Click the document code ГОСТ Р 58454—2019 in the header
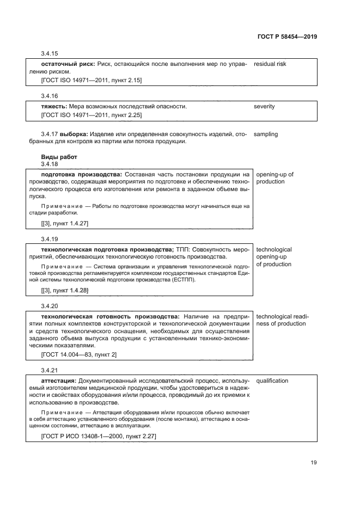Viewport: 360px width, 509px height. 286,36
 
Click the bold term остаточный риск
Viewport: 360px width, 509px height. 68,64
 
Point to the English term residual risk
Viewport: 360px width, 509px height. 270,64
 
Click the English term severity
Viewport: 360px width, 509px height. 264,106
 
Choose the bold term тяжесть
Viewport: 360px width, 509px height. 54,106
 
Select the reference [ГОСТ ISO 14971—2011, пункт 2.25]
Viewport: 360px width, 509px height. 91,115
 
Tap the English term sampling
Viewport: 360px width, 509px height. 266,134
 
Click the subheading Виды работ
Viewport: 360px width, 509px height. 59,157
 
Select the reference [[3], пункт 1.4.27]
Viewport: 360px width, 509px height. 65,224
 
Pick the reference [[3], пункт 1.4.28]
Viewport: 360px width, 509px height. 65,291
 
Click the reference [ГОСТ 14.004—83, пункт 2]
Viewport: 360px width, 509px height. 79,354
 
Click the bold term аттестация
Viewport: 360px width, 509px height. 59,380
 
